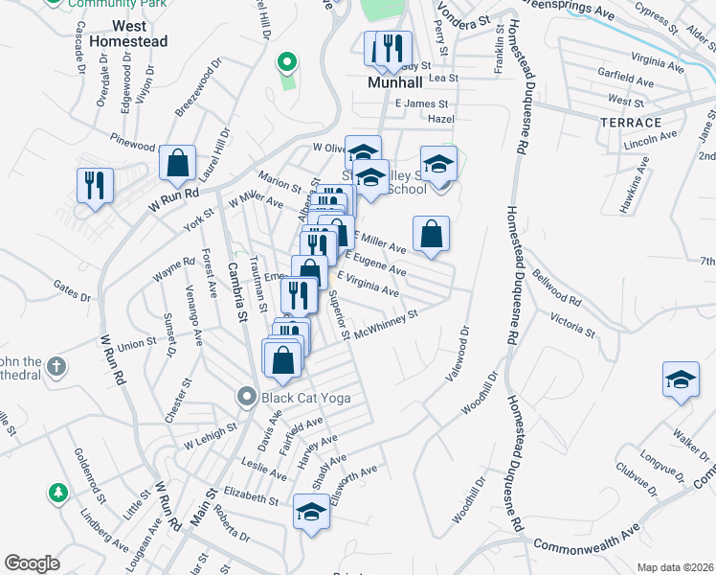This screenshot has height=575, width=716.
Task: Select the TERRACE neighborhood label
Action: point(631,123)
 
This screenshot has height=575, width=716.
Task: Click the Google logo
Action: point(32,563)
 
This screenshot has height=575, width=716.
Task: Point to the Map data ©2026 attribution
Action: point(675,567)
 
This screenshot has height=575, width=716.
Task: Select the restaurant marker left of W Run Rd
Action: point(95,185)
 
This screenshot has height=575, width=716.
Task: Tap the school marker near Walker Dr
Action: point(681,379)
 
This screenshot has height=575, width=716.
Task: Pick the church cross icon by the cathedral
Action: point(56,366)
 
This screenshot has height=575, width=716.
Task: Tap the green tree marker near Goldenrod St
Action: point(58,493)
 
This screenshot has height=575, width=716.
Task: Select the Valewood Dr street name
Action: point(458,355)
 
